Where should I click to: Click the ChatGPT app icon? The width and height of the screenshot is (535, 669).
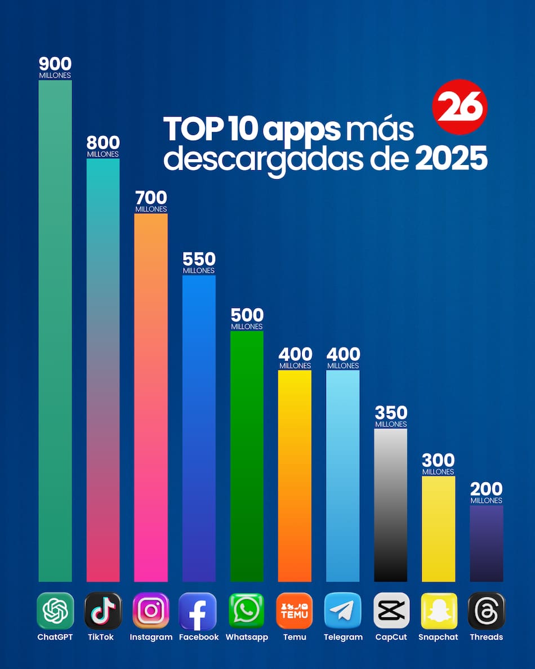55,610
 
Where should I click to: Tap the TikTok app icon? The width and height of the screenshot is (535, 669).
103,610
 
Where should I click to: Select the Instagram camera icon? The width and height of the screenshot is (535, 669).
151,610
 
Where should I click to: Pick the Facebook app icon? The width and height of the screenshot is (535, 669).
198,610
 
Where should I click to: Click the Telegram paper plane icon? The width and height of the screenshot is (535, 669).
343,610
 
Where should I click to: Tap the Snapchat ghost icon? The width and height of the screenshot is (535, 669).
439,610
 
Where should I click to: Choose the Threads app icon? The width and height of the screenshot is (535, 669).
487,610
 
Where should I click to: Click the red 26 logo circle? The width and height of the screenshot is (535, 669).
460,106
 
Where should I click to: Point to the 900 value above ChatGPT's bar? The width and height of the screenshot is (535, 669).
55,64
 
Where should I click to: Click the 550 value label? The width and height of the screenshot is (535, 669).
199,259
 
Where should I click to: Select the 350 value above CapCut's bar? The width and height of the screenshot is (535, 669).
391,413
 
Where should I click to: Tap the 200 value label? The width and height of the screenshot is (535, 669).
487,489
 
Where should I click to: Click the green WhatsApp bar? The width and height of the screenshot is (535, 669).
247,456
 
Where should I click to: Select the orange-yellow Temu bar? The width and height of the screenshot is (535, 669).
295,476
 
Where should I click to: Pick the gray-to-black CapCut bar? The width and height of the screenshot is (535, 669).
391,505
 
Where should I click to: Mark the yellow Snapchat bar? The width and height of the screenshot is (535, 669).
439,529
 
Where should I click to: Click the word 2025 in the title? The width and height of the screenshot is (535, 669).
451,159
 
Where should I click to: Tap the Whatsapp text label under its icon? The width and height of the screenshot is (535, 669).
247,637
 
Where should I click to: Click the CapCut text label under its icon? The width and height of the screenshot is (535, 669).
391,637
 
